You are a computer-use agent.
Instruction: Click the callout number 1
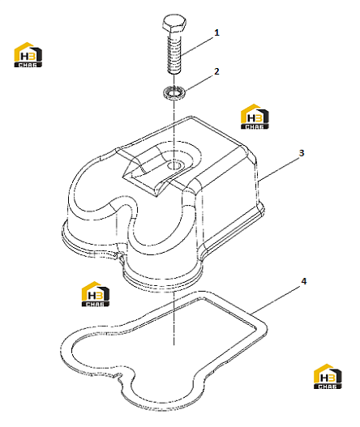point(216,32)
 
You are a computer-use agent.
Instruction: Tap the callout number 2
point(216,71)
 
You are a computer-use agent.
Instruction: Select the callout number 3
point(302,153)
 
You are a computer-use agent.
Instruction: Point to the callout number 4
point(303,281)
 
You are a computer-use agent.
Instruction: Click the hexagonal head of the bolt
point(174,23)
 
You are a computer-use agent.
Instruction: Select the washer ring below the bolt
point(174,92)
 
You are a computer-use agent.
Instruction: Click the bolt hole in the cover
point(174,165)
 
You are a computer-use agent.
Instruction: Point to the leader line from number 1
point(197,45)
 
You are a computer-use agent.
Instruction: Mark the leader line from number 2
point(199,83)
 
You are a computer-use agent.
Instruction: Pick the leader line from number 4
point(276,300)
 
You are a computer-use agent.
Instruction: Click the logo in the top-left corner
point(28,54)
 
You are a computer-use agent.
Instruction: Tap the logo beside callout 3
point(255,117)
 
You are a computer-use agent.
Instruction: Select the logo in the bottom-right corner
point(328,376)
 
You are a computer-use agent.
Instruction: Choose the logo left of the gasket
point(96,294)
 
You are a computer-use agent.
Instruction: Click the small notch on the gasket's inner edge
point(118,376)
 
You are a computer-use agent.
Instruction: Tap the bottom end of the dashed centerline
point(174,344)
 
